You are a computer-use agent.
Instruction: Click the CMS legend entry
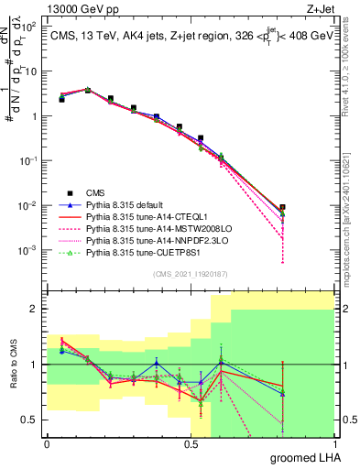[96, 192]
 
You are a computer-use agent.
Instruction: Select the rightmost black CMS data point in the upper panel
[283, 208]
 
